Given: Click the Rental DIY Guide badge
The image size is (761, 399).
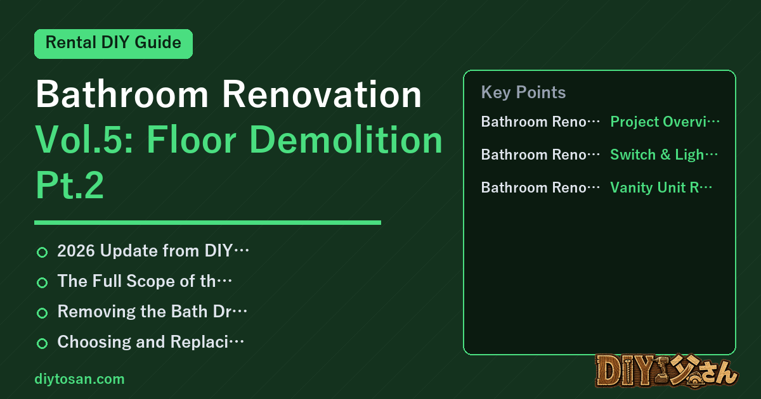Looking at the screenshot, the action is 114,44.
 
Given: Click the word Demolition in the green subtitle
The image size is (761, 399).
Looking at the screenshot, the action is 346,139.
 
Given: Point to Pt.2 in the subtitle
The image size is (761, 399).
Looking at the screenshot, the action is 70,185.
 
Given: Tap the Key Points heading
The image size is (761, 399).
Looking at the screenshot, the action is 523,92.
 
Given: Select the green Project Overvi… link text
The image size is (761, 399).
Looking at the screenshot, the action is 665,122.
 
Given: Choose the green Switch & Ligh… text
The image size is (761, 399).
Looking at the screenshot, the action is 664,155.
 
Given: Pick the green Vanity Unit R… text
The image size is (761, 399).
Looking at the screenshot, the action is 661,187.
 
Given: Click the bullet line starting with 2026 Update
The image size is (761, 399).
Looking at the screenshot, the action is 153,251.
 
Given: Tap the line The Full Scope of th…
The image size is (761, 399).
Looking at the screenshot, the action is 145,281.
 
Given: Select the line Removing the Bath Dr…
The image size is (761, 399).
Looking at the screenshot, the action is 152,312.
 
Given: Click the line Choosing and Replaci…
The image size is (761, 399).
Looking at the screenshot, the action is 150,342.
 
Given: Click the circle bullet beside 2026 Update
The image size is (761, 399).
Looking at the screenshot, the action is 42,252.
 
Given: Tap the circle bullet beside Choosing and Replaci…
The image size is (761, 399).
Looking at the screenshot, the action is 42,343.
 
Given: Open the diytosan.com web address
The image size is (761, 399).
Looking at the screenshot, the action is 79,379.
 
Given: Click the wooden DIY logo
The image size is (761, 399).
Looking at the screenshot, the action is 667,370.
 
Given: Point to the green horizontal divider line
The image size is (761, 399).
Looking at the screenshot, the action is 207,222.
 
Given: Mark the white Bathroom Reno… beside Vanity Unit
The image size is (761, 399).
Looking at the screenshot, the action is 540,187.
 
